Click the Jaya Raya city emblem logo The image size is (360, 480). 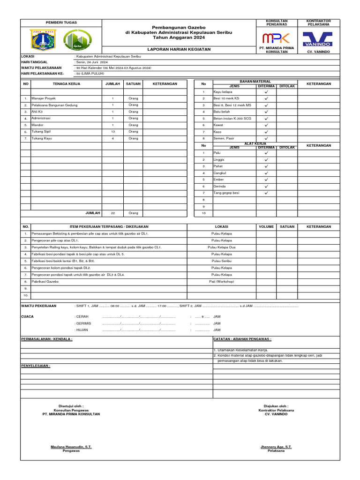pos(42,39)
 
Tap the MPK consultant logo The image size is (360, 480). pos(277,38)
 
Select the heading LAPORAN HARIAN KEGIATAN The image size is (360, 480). pos(179,49)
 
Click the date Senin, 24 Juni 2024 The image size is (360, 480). pos(92,62)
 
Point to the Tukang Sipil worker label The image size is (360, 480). pos(41,132)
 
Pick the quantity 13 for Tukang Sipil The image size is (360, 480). pos(112,132)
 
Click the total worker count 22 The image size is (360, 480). pos(112,213)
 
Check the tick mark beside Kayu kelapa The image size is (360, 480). pos(266,92)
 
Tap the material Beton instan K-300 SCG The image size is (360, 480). pos(232,119)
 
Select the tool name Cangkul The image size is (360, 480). pos(220,173)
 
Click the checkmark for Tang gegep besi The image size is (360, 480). pos(266,193)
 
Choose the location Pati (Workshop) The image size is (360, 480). pos(222,281)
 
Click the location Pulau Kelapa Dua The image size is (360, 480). pos(222,247)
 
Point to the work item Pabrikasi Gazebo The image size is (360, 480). pos(45,281)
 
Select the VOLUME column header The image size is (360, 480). pos(266,226)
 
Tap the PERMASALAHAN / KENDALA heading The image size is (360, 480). pos(47,338)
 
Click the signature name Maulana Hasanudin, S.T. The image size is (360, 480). pos(71,447)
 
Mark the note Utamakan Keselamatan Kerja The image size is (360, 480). pos(241,350)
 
